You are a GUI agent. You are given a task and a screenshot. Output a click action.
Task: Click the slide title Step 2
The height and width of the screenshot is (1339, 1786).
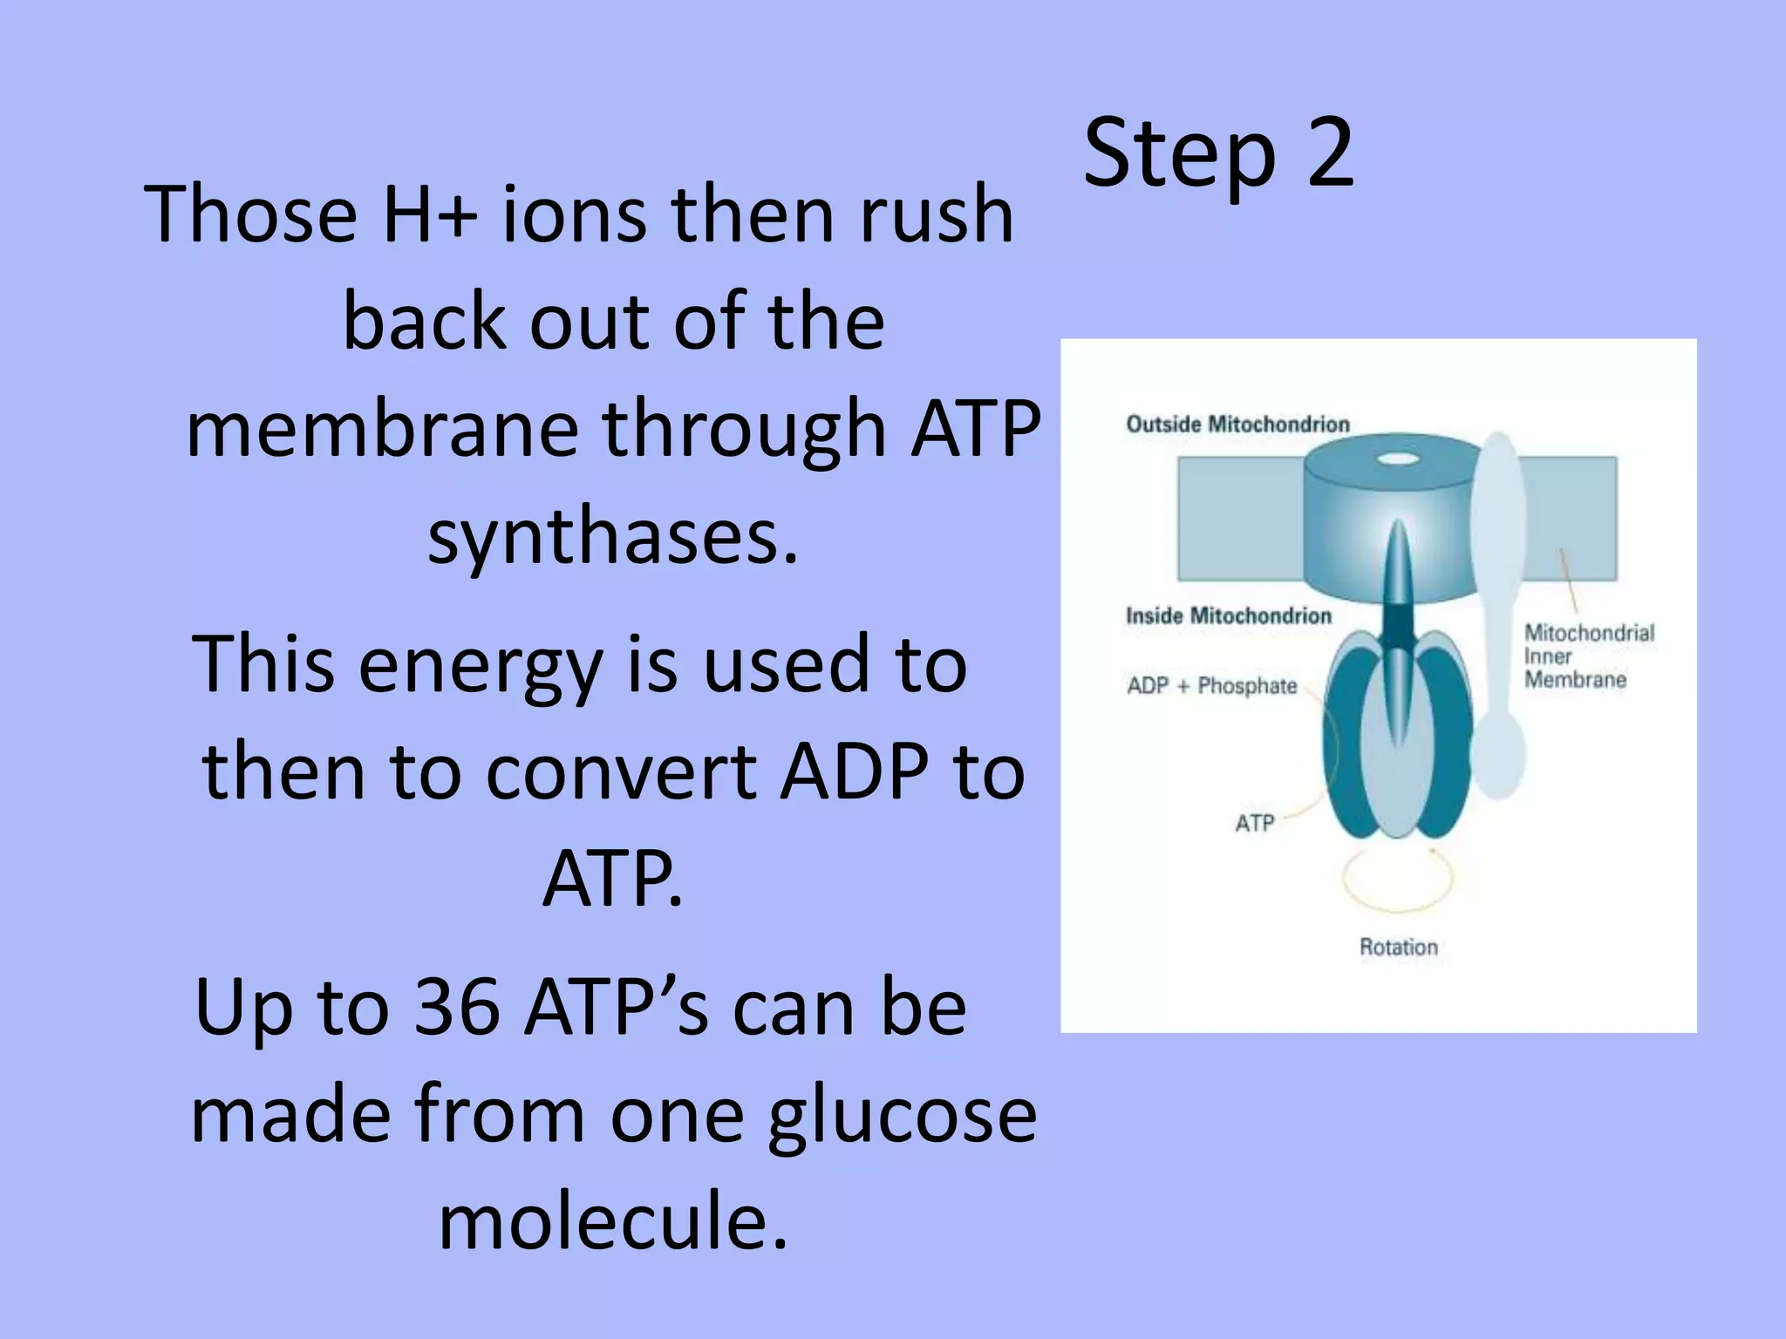point(1218,153)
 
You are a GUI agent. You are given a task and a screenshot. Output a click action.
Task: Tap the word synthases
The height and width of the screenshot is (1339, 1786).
point(612,535)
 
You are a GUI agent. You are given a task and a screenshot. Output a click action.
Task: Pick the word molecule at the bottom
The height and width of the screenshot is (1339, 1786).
point(612,1220)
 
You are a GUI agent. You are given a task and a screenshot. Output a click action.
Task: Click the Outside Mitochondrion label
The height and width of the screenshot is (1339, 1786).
point(1237,425)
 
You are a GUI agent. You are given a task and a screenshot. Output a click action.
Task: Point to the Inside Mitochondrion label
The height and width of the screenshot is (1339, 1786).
point(1228,616)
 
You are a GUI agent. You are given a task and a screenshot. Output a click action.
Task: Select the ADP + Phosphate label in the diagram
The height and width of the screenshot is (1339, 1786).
point(1211,686)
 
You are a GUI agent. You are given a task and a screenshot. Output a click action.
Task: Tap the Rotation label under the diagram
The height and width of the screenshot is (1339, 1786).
point(1398,947)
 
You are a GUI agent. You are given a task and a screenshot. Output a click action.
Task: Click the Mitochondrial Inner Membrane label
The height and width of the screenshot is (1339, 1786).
point(1588,656)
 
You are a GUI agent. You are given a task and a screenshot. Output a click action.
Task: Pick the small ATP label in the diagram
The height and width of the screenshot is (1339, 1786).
point(1254,823)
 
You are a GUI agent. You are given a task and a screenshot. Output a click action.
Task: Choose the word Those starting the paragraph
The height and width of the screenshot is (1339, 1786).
point(251,214)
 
